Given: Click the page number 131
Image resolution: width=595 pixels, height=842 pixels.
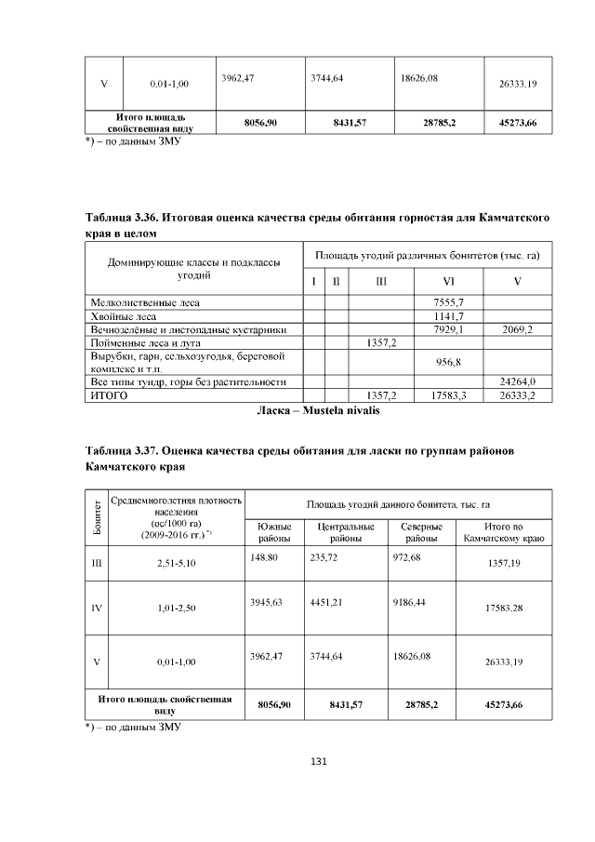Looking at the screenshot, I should pyautogui.click(x=318, y=762).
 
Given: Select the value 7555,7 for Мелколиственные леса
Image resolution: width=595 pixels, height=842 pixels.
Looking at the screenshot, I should pyautogui.click(x=449, y=302).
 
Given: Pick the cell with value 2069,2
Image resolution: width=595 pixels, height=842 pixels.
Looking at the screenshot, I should pyautogui.click(x=518, y=329).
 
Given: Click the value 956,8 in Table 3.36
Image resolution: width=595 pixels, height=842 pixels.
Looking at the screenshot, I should pyautogui.click(x=449, y=362).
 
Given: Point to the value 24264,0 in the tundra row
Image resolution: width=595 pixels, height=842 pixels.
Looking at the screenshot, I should pyautogui.click(x=518, y=381).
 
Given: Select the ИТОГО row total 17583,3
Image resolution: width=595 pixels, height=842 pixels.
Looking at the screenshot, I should pyautogui.click(x=449, y=395).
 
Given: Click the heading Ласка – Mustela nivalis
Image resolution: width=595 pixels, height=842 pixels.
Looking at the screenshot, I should pyautogui.click(x=318, y=408).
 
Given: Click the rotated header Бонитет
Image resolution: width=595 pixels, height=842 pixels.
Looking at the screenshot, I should pyautogui.click(x=97, y=519).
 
